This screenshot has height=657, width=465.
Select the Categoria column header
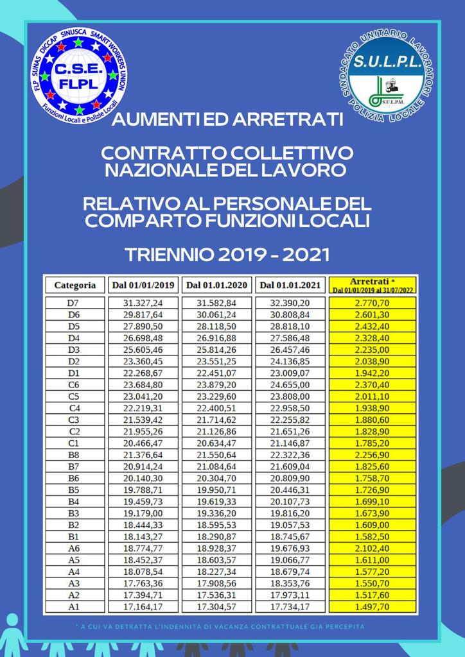click(75, 285)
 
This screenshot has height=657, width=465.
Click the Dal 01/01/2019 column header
click(143, 285)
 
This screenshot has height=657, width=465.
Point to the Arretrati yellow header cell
click(373, 285)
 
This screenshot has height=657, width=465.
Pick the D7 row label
click(75, 303)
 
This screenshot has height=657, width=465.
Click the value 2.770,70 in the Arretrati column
click(373, 303)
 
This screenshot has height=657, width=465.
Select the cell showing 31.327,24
click(143, 303)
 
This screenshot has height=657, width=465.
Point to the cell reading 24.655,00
click(290, 384)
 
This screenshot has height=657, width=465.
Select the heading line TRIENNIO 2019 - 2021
click(227, 255)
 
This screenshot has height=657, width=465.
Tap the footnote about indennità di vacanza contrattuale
click(219, 626)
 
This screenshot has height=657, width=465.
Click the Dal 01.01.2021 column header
click(290, 285)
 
